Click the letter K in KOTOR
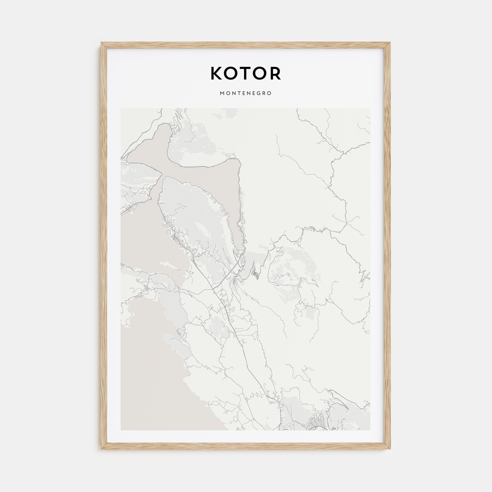tap(216, 73)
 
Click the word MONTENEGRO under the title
tap(246, 93)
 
